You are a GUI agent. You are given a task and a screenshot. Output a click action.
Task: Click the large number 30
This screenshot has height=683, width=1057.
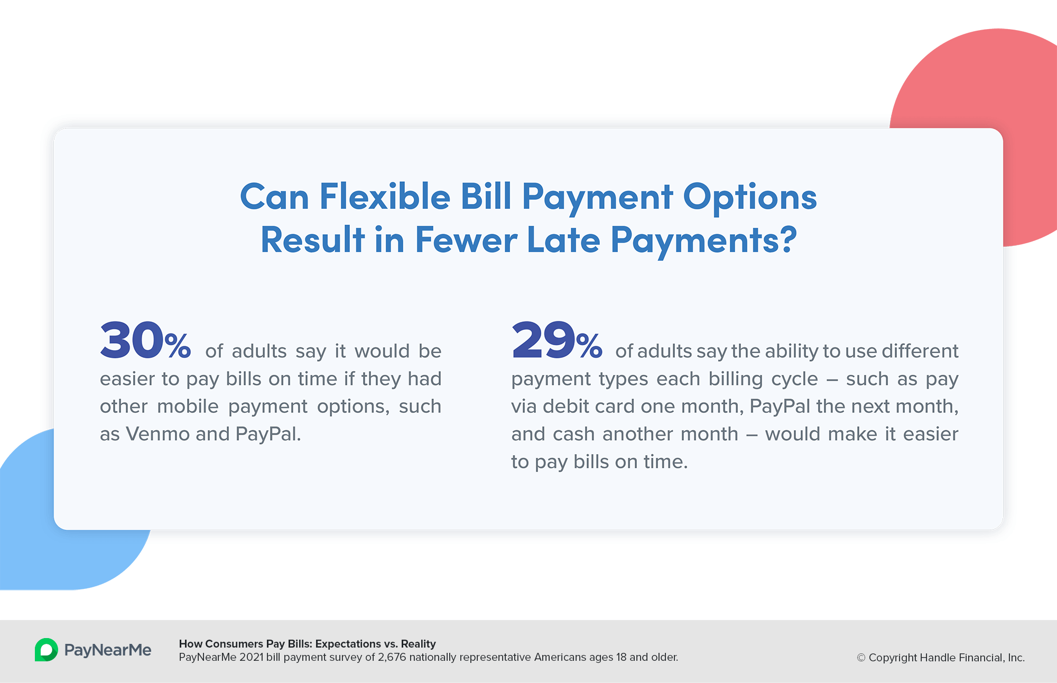132,340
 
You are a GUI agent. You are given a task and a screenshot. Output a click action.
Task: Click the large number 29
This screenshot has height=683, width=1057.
543,340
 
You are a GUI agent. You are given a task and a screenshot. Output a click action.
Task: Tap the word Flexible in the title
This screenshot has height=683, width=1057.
385,197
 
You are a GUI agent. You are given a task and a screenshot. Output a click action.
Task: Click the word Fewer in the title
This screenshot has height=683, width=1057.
466,240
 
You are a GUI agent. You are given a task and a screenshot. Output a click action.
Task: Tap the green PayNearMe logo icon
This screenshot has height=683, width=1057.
47,650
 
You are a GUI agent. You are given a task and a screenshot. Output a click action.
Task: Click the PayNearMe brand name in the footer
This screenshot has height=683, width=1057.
108,650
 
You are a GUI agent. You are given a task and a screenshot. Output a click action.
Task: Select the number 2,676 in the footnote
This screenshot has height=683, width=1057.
392,658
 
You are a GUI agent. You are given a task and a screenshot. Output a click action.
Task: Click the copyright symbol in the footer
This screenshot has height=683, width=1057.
861,658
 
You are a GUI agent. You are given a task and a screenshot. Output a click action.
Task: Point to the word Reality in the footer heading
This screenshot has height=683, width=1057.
419,644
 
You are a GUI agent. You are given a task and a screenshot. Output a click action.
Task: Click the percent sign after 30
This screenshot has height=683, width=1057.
178,346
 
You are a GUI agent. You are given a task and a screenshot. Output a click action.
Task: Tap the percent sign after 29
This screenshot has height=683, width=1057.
589,346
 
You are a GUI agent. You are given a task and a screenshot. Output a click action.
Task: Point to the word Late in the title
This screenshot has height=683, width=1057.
563,240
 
